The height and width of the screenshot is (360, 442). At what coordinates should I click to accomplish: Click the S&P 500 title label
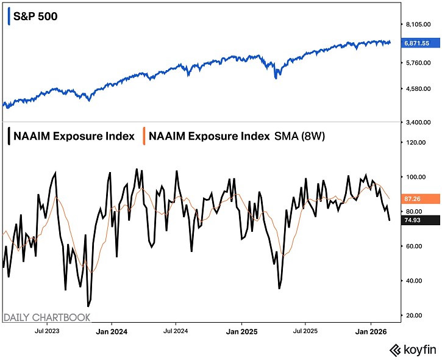[35, 16]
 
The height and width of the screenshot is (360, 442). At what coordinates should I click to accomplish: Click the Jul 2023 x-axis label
[48, 331]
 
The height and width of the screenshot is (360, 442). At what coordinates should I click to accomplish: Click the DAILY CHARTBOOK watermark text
[47, 317]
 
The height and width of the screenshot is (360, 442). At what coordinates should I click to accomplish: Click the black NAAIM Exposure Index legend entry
[71, 136]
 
